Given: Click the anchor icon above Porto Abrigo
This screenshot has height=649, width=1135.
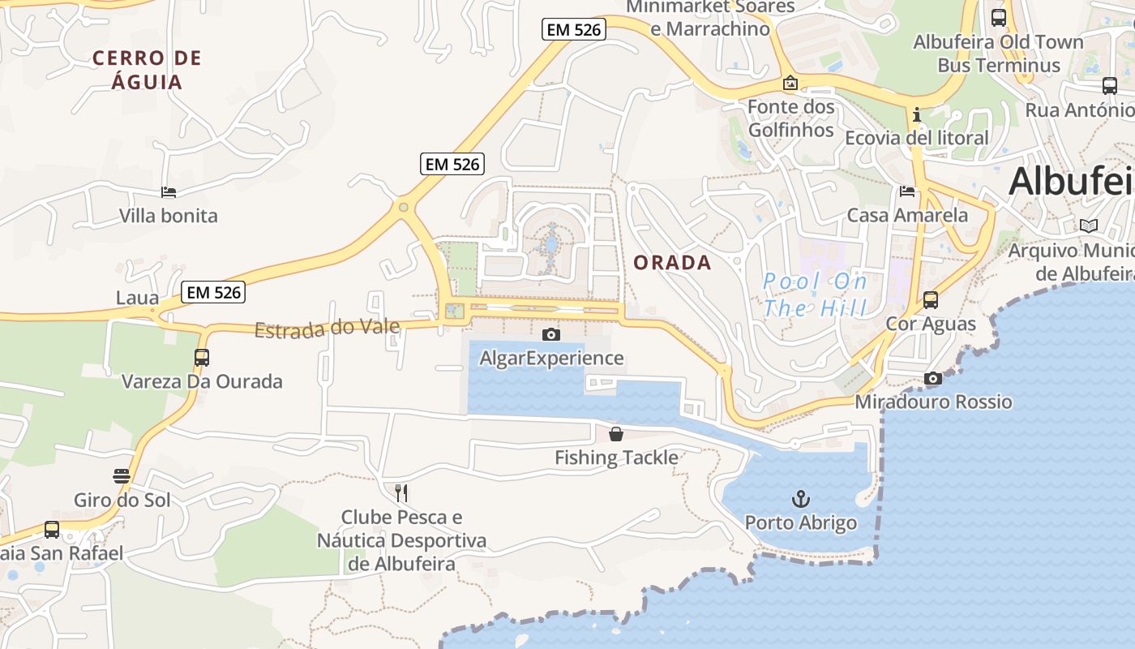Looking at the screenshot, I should [x=801, y=499].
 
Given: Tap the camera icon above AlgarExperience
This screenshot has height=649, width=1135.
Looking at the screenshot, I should [x=551, y=334].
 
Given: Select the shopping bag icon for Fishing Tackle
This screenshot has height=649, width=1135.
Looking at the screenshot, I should [x=616, y=434].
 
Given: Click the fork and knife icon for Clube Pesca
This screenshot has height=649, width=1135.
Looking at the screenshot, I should [x=400, y=492].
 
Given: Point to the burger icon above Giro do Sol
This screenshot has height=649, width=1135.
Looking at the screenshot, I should [x=122, y=476].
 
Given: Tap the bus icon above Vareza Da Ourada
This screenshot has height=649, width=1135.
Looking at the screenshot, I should [x=201, y=357].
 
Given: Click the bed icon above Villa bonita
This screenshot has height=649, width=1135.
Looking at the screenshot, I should [x=169, y=192].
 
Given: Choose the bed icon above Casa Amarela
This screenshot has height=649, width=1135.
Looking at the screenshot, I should [x=907, y=191].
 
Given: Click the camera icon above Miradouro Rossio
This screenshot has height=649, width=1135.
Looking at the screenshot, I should [x=933, y=378].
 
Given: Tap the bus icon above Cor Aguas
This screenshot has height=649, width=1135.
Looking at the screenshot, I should [x=931, y=299].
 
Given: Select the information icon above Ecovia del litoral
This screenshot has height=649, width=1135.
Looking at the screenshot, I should [x=917, y=114].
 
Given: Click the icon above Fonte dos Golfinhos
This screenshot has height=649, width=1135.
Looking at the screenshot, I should [x=790, y=83].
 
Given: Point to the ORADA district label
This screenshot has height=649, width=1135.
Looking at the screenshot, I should [x=672, y=263].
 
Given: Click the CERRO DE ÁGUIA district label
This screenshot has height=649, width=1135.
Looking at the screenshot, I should [x=147, y=70].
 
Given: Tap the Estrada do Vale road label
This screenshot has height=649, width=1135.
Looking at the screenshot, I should [x=328, y=329].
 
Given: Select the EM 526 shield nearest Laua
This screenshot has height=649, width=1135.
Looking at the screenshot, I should [x=213, y=292].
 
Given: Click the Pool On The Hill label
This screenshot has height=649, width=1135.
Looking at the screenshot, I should [x=815, y=294].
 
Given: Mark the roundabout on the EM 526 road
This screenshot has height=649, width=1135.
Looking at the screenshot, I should [x=403, y=208].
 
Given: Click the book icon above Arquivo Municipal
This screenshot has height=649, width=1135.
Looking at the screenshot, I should [x=1089, y=226].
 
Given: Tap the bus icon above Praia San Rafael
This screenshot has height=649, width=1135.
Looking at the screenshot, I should [x=52, y=530].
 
